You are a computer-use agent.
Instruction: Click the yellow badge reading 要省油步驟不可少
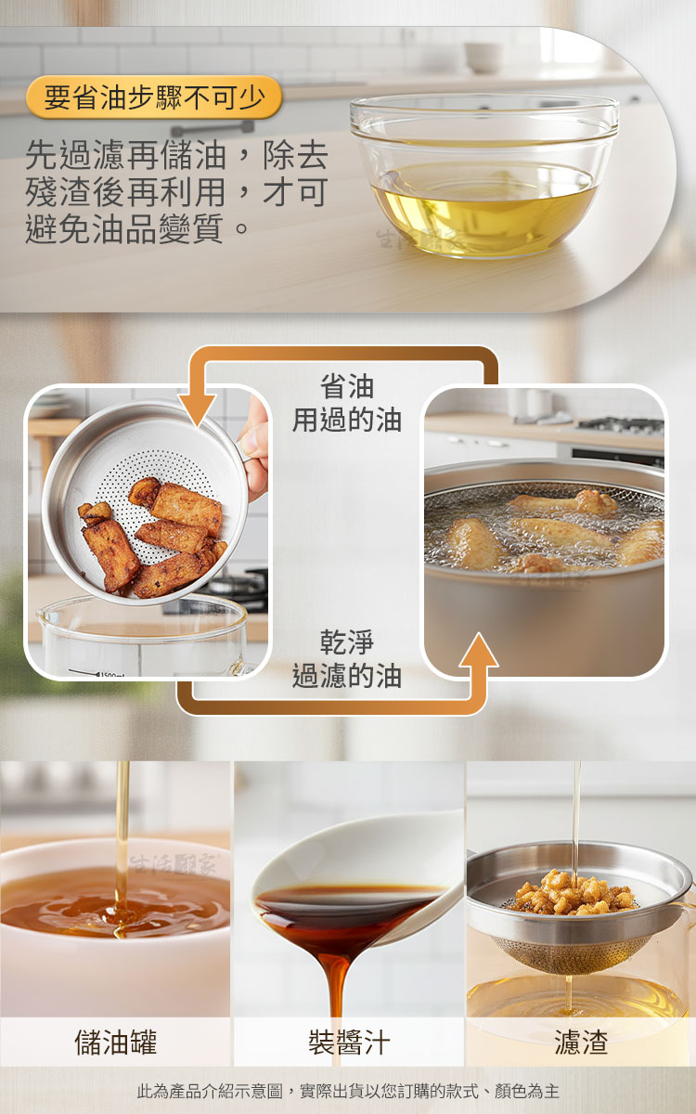[x=154, y=97]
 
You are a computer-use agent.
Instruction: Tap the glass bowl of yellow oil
[x=484, y=175]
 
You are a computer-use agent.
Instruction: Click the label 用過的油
[x=346, y=420]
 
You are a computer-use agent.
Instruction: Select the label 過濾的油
[x=346, y=676]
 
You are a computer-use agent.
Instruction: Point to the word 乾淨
[x=346, y=641]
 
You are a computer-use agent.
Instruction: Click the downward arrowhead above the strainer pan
[x=197, y=410]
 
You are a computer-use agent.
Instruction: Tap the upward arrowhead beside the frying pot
[x=478, y=650]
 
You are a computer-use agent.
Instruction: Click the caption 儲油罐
[x=115, y=1042]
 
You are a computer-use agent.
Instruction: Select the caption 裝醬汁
[x=349, y=1042]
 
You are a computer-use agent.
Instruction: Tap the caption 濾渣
[x=581, y=1042]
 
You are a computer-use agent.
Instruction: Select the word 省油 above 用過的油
[x=346, y=386]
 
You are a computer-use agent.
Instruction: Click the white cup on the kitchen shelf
[x=483, y=58]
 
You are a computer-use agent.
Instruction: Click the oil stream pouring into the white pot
[x=122, y=846]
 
